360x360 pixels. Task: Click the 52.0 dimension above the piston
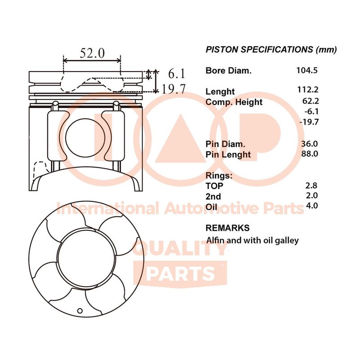pyautogui.click(x=92, y=53)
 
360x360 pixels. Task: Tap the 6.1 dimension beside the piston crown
pyautogui.click(x=176, y=74)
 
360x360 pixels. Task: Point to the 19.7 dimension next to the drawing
pyautogui.click(x=174, y=89)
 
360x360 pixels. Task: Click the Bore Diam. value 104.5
pyautogui.click(x=307, y=70)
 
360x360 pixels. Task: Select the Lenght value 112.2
pyautogui.click(x=308, y=90)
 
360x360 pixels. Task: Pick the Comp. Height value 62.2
pyautogui.click(x=310, y=101)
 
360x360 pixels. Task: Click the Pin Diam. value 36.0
pyautogui.click(x=310, y=144)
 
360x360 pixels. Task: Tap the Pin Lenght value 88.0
pyautogui.click(x=310, y=153)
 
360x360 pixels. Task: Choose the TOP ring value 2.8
pyautogui.click(x=311, y=185)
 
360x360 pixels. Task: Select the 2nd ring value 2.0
pyautogui.click(x=312, y=195)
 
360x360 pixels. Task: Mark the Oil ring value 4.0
pyautogui.click(x=312, y=206)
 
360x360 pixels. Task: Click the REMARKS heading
pyautogui.click(x=228, y=228)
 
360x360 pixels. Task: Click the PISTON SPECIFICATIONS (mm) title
pyautogui.click(x=271, y=49)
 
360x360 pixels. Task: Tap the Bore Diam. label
pyautogui.click(x=229, y=71)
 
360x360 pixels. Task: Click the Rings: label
pyautogui.click(x=219, y=175)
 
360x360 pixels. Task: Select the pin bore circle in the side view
pyautogui.click(x=85, y=138)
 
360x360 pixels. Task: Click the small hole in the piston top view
pyautogui.click(x=80, y=311)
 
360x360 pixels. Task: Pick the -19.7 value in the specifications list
pyautogui.click(x=309, y=121)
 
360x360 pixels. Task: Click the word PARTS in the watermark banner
pyautogui.click(x=180, y=274)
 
